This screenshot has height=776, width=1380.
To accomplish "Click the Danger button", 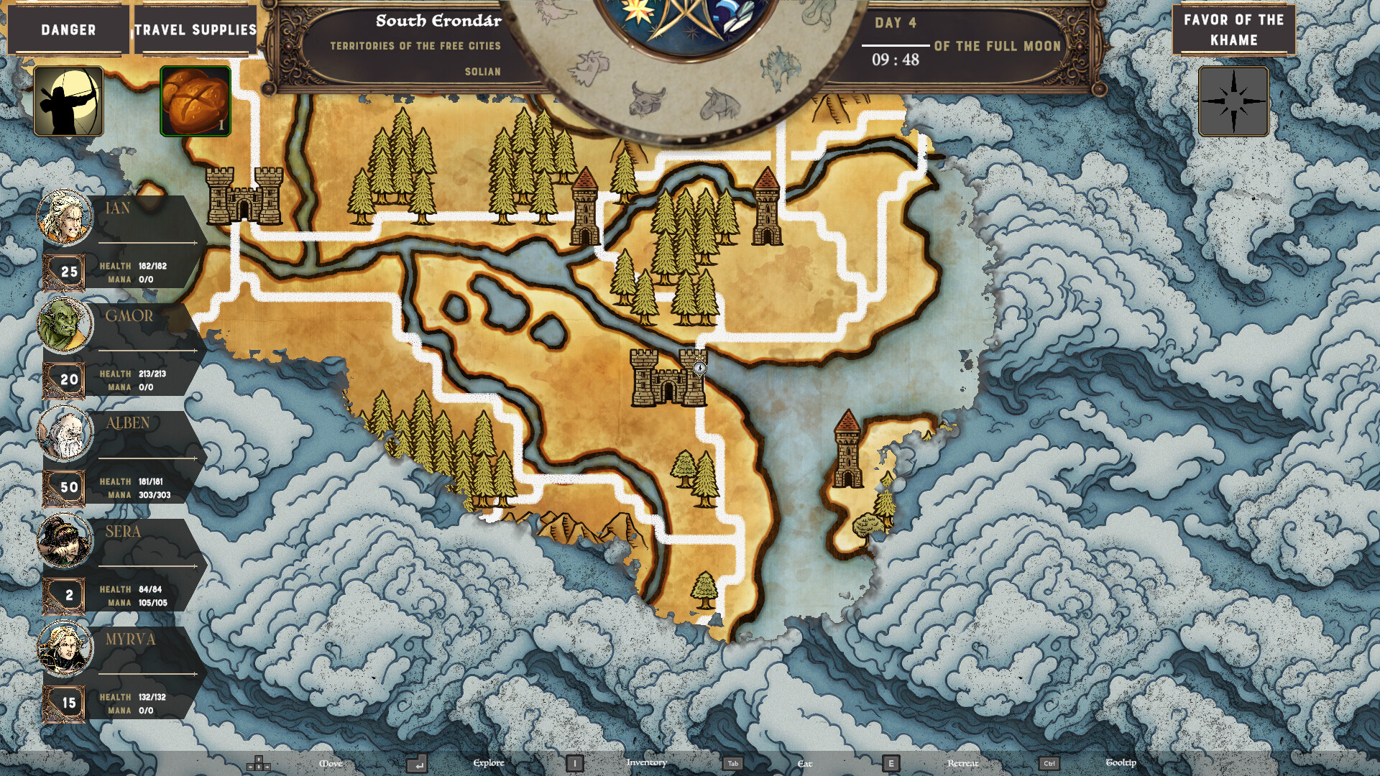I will click(68, 30).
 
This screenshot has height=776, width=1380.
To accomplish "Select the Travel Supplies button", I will click(195, 30).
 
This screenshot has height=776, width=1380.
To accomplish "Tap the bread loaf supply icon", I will click(195, 101).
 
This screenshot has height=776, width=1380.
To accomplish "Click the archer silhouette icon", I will click(68, 101).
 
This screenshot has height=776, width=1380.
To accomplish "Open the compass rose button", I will click(1233, 101).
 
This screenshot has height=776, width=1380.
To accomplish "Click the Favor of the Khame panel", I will click(1233, 30).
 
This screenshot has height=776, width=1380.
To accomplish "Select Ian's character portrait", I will click(65, 217).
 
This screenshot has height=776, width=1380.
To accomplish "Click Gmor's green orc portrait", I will click(65, 325).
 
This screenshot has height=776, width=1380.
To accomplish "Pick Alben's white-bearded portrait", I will click(65, 433).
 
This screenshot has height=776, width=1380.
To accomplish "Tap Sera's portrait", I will click(65, 540).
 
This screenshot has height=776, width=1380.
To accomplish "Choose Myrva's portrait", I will click(65, 648).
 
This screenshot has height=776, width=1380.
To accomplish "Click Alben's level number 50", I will click(69, 487).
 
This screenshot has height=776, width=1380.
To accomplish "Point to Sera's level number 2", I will click(69, 595).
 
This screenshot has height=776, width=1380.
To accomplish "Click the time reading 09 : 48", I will click(896, 60).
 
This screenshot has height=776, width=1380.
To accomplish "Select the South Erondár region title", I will click(438, 21).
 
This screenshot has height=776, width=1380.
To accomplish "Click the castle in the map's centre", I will click(668, 378).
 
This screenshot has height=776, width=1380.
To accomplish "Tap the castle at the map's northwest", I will click(244, 195).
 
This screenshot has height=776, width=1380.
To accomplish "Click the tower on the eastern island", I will click(848, 451).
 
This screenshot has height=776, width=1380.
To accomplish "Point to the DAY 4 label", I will click(896, 23).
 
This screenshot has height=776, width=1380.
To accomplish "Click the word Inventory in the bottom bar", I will click(646, 762).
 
